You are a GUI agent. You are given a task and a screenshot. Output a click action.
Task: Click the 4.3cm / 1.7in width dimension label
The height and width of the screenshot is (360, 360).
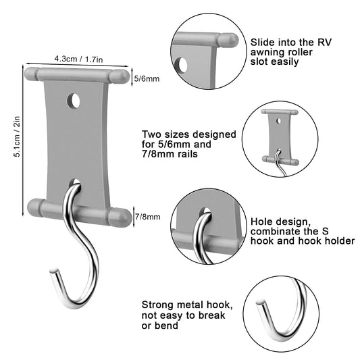78,59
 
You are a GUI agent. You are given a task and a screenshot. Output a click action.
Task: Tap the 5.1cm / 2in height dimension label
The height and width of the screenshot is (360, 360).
17,136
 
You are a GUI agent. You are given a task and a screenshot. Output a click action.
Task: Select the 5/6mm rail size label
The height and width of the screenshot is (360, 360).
147,79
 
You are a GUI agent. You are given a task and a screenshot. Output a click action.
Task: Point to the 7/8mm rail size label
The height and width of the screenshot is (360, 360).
148,217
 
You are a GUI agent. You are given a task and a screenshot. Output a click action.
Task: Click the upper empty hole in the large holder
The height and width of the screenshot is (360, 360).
74,101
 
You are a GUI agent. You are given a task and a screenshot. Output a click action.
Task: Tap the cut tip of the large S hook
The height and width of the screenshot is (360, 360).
54,271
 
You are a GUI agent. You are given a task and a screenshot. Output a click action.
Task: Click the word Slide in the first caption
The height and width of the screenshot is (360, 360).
262,43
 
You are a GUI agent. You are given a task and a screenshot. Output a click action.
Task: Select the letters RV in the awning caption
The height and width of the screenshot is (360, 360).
324,43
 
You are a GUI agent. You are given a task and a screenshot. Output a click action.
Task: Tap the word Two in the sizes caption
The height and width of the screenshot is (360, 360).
152,134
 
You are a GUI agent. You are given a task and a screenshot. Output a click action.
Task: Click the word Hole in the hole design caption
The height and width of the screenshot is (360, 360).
260,222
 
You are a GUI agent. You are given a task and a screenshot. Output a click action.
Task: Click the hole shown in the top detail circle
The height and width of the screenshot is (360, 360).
182,66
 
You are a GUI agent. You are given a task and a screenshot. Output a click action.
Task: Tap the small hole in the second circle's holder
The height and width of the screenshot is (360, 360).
279,121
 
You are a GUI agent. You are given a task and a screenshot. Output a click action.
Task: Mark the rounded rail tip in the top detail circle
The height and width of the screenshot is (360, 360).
228,40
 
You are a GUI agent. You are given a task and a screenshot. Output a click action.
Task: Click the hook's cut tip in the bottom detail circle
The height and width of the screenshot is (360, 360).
261,303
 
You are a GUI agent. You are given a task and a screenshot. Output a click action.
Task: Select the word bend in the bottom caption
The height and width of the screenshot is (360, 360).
167,326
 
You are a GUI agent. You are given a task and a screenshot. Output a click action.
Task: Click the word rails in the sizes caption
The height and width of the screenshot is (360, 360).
186,154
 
